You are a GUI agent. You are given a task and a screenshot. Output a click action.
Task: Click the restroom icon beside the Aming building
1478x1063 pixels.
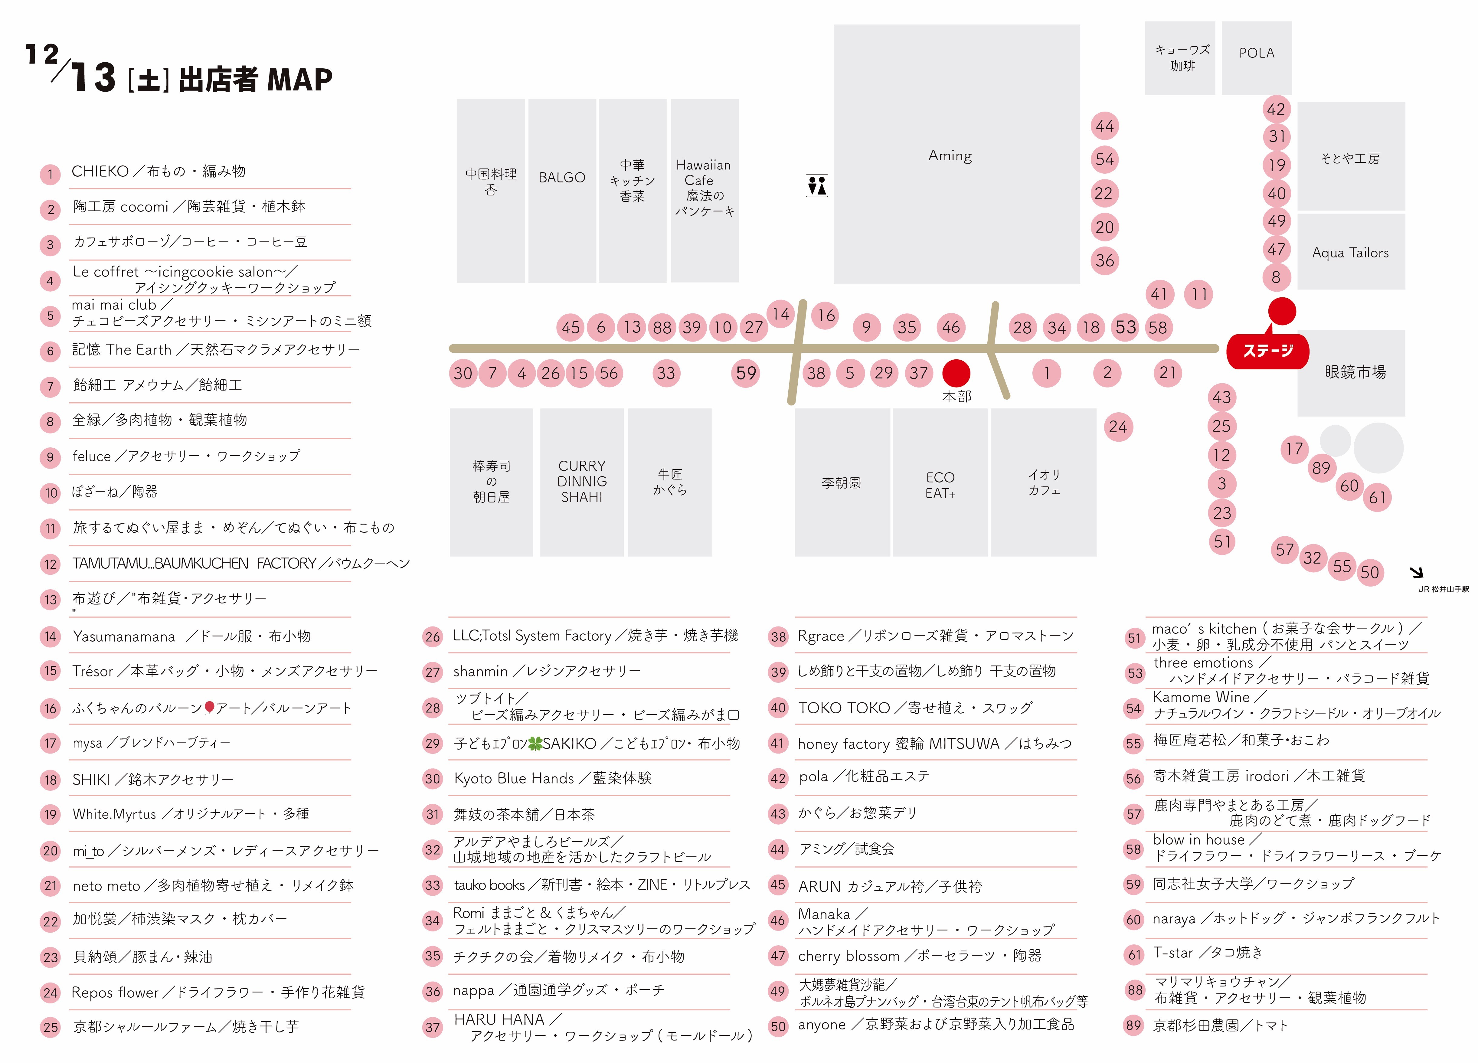[x=816, y=186]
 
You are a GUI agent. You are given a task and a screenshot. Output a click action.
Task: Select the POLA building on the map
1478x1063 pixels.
[x=1257, y=54]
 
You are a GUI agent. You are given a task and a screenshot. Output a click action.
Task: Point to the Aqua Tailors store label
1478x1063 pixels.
[x=1350, y=253]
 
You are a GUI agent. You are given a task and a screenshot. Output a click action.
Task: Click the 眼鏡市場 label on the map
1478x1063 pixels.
[x=1355, y=372]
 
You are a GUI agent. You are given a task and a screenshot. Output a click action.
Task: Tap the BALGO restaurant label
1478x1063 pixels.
[x=562, y=177]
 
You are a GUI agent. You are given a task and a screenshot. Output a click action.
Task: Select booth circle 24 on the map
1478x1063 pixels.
[x=1118, y=427]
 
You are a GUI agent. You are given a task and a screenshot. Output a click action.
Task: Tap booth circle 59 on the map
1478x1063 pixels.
[x=746, y=374]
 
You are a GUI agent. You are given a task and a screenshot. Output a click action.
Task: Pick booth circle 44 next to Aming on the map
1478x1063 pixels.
[x=1105, y=126]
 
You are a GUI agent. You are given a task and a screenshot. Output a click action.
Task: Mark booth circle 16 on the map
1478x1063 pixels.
[x=826, y=316]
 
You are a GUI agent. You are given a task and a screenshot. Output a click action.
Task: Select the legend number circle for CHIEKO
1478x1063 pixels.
[x=50, y=174]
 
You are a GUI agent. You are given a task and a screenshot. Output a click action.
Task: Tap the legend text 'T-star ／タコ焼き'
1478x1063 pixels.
[x=1208, y=953]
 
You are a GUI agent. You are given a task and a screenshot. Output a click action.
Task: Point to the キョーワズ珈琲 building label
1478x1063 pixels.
[x=1182, y=58]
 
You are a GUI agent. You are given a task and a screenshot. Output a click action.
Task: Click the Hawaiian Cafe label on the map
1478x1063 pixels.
[x=704, y=188]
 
